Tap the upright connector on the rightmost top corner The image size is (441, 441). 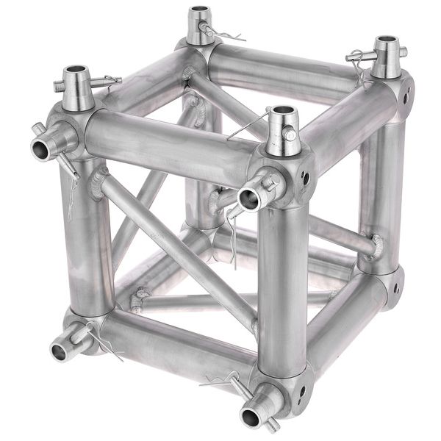(x=387, y=57)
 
